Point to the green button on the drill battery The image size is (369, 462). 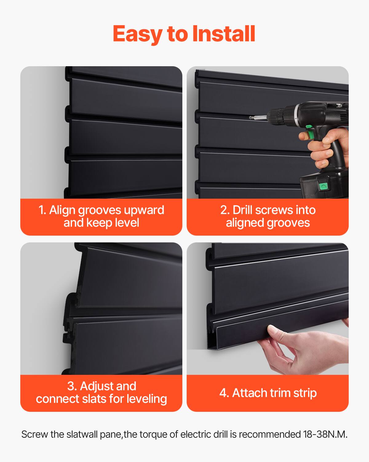[x=323, y=186]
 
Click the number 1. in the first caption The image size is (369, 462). [x=42, y=210]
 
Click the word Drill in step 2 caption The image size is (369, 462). [x=242, y=210]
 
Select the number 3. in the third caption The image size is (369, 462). [x=72, y=386]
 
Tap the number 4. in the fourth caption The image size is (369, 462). [x=224, y=393]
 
